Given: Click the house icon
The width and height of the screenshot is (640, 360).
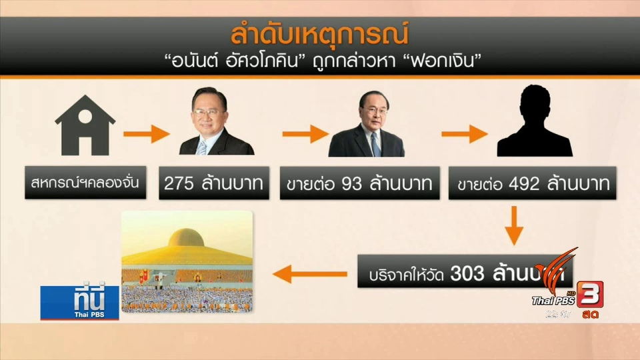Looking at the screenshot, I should pos(85,128).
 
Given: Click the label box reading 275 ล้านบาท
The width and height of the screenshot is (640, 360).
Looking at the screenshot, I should pos(215,183).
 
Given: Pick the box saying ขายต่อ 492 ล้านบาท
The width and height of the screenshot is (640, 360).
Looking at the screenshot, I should pos(534,183).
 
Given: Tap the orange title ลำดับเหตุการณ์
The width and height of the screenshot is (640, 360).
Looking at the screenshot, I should pos(319,34).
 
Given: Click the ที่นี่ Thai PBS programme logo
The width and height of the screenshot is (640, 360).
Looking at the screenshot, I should pos(79,301).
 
